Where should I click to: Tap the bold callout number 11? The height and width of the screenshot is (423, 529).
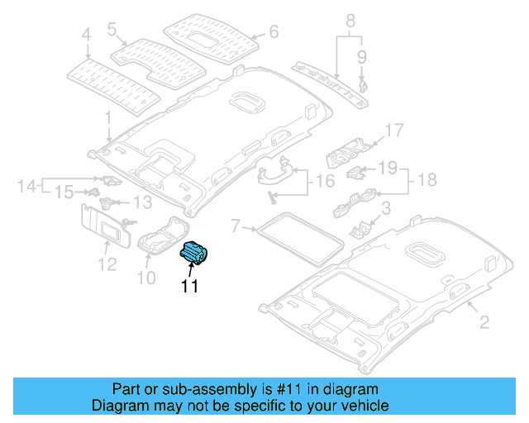click(190, 287)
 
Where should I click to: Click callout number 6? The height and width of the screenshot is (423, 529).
click(274, 33)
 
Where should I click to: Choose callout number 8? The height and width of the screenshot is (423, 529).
click(350, 19)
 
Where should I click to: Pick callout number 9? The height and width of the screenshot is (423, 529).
click(362, 56)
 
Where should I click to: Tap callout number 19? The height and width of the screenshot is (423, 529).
click(388, 168)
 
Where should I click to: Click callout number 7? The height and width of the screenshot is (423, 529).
click(236, 225)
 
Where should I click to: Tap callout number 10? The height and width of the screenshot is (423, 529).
click(145, 278)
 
